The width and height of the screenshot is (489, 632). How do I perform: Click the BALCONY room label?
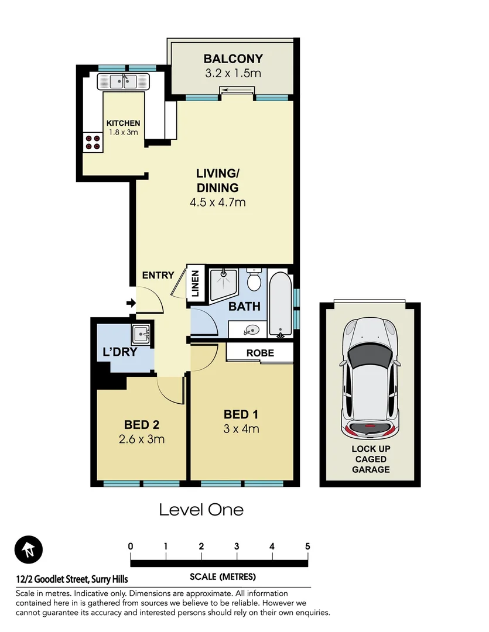coord(232,59)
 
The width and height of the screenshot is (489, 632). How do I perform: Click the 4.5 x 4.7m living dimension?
coord(217,203)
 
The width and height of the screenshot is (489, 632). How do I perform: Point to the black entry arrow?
coord(131,303)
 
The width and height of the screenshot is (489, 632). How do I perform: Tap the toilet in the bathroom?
coord(254,281)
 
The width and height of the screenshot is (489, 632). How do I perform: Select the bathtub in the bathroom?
coord(280,304)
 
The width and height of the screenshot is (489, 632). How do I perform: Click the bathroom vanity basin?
coord(252,330)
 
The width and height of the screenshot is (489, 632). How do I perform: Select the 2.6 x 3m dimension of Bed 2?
coord(141,439)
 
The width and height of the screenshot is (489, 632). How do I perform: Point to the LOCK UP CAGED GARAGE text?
coord(370,459)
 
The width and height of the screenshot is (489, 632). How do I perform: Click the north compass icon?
coord(29,550)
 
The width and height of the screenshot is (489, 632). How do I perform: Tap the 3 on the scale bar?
coord(237,547)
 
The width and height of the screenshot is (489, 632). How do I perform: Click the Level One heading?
coord(201,510)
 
